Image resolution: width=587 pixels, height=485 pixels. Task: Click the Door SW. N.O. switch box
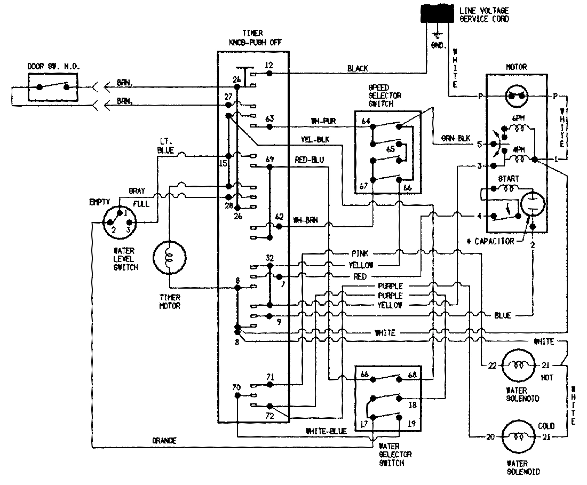click(52, 86)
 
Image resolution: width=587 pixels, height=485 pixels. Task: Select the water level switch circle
click(119, 220)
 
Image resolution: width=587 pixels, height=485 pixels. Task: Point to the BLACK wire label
click(357, 68)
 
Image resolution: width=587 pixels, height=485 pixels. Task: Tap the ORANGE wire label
click(164, 441)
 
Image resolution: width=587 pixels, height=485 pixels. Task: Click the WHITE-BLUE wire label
click(325, 430)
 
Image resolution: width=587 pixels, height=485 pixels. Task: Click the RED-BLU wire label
click(309, 160)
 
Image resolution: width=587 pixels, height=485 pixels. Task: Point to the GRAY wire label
click(137, 190)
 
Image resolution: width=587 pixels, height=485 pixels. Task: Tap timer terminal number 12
click(269, 65)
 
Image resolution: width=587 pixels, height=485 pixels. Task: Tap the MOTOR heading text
click(515, 67)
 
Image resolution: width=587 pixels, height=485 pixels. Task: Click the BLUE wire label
click(502, 315)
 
